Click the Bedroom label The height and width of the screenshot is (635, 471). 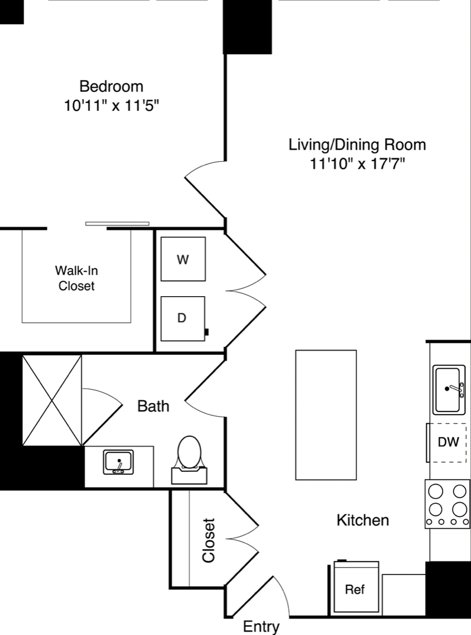pyautogui.click(x=111, y=86)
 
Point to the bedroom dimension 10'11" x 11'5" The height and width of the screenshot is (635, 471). pyautogui.click(x=111, y=105)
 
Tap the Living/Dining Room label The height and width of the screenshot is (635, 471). pyautogui.click(x=357, y=145)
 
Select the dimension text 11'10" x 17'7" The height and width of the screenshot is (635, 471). pyautogui.click(x=358, y=164)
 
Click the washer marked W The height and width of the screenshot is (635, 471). pyautogui.click(x=183, y=259)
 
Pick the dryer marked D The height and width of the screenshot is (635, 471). pyautogui.click(x=183, y=319)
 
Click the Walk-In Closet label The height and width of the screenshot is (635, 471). pyautogui.click(x=76, y=278)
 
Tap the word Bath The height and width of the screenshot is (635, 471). pyautogui.click(x=153, y=406)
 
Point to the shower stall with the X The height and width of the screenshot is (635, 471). pyautogui.click(x=52, y=400)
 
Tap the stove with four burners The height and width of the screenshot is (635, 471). pyautogui.click(x=447, y=504)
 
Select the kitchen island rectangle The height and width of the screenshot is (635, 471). pyautogui.click(x=326, y=415)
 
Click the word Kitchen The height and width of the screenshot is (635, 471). pyautogui.click(x=363, y=520)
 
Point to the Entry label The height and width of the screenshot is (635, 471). pyautogui.click(x=261, y=627)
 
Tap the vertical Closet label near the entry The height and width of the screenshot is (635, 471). pyautogui.click(x=209, y=541)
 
